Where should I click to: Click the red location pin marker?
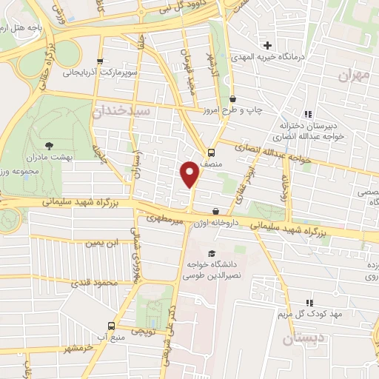191,175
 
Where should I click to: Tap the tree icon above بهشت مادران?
50,145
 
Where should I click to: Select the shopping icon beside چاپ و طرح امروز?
233,99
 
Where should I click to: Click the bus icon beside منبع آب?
112,326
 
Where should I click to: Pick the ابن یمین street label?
101,243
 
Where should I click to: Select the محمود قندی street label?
97,283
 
